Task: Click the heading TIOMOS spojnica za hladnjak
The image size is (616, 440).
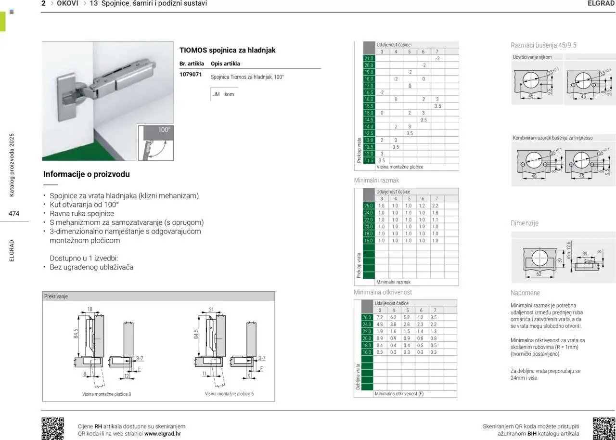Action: coord(227,50)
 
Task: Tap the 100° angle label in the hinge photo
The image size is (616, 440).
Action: coord(164,130)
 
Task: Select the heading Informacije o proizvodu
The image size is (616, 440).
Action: coord(86,174)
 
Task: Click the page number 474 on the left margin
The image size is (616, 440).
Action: coord(13,214)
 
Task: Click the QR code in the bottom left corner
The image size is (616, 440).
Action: coord(53,428)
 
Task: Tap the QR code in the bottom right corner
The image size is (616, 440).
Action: coord(604,428)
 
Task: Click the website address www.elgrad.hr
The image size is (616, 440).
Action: coord(163,434)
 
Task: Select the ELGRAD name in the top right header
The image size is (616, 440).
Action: coord(601,3)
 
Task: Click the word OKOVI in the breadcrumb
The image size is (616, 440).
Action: coord(67,3)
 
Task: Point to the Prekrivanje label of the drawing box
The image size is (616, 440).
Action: coord(56,297)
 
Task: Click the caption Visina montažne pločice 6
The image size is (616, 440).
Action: coord(229,394)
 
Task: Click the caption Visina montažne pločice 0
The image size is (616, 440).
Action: coord(106,394)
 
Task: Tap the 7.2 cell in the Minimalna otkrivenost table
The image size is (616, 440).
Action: coord(380,318)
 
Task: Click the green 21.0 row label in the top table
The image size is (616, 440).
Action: coord(369,58)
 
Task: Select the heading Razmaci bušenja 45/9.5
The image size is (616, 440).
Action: coord(543,45)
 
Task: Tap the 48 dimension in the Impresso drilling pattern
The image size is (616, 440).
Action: coord(534,176)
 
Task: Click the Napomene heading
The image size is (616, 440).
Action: coord(525,293)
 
